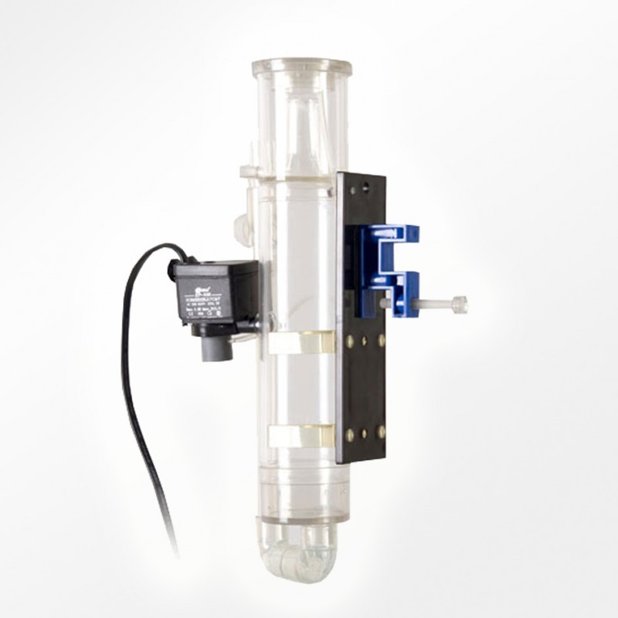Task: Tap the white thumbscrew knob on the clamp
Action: click(x=459, y=304)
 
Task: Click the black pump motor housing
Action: click(x=216, y=294)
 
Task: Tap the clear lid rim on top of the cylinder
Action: click(x=301, y=66)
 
